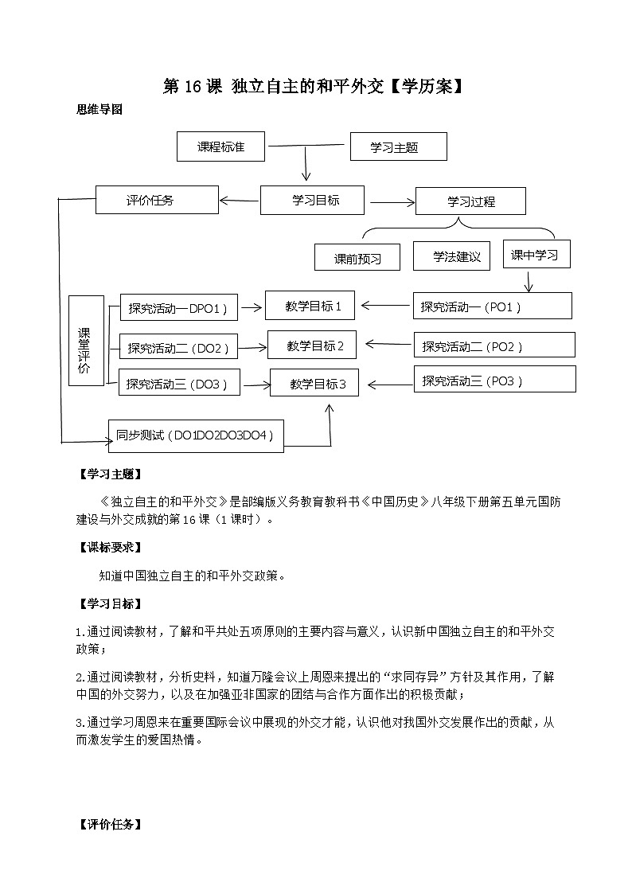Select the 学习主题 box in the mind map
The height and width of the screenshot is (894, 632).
[x=398, y=146]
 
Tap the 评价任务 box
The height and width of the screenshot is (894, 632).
[x=157, y=200]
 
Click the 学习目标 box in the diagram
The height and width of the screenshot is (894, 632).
[x=312, y=200]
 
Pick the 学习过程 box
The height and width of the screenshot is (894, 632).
[x=470, y=201]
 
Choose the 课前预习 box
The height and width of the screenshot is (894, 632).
[x=357, y=258]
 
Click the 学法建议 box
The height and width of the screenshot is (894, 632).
[x=451, y=256]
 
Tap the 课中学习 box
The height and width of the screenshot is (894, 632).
[x=536, y=255]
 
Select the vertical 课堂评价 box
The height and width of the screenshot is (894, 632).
[x=85, y=341]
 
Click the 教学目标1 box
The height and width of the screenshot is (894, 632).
[x=314, y=306]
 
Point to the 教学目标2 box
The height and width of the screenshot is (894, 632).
[x=311, y=345]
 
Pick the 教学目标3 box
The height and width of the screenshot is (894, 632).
[x=314, y=384]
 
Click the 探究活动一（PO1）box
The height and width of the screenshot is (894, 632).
[x=492, y=306]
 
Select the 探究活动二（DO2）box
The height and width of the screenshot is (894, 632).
[x=178, y=347]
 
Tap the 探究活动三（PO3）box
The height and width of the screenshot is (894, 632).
[x=494, y=380]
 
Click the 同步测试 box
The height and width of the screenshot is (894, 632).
[x=196, y=435]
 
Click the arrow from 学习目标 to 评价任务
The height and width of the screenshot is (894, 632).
[x=239, y=201]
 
